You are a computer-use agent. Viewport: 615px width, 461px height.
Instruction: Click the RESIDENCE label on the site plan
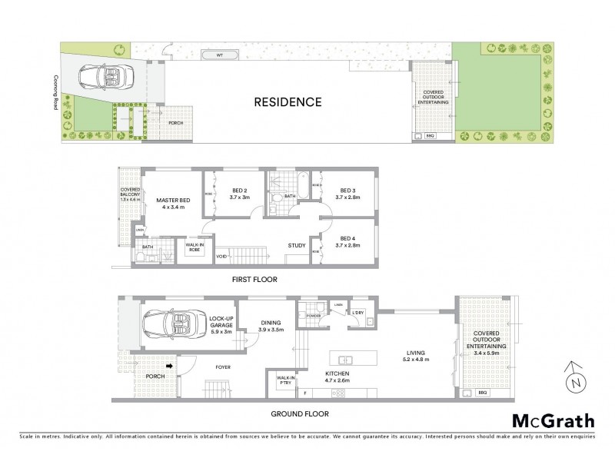click(x=288, y=101)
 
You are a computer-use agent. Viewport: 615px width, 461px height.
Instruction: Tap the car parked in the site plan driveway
click(x=108, y=77)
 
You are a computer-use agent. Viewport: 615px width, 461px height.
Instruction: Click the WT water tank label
click(x=219, y=56)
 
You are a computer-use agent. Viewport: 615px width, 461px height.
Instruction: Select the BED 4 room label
click(x=347, y=242)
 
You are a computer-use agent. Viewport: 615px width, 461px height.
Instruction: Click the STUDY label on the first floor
click(x=298, y=246)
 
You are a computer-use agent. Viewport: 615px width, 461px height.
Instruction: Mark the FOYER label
click(x=223, y=367)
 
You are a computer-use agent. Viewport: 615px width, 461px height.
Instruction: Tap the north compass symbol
click(x=573, y=380)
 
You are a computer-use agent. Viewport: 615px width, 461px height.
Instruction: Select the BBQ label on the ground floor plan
click(x=483, y=393)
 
